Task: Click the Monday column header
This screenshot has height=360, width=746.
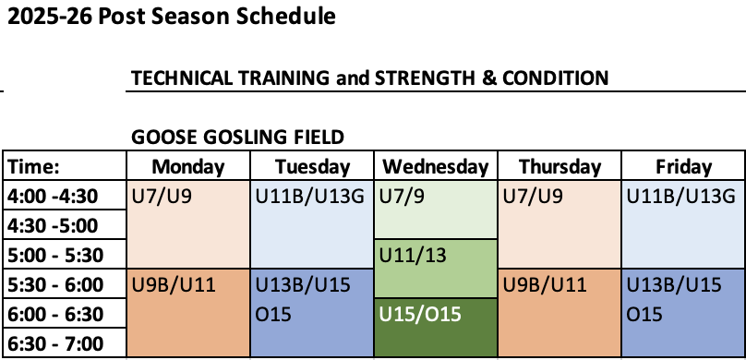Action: click(x=188, y=167)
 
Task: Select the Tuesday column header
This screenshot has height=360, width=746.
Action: click(x=312, y=167)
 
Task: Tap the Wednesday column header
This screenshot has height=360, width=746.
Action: click(x=436, y=167)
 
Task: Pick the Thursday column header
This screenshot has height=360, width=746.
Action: click(x=559, y=167)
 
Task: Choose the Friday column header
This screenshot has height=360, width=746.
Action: click(x=683, y=167)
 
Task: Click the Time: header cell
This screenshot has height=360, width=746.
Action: click(x=34, y=167)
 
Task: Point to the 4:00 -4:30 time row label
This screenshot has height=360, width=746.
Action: click(x=53, y=196)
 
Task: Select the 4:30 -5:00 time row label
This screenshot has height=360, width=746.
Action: click(x=53, y=225)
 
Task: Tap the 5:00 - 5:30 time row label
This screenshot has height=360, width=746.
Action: click(x=55, y=256)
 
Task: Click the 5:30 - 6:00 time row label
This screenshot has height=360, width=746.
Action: click(x=55, y=285)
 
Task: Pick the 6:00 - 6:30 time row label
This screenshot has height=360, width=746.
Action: click(x=55, y=315)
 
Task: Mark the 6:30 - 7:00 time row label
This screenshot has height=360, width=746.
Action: click(x=55, y=343)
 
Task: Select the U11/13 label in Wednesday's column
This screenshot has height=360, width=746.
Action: click(x=413, y=256)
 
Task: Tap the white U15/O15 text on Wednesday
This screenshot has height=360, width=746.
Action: click(x=420, y=315)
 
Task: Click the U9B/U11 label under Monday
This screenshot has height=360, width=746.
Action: click(x=174, y=285)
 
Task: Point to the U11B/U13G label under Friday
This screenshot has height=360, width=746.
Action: click(x=680, y=197)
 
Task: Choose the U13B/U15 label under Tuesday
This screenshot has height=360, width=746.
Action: click(x=303, y=285)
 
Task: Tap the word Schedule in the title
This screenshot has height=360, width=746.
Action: click(x=286, y=17)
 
